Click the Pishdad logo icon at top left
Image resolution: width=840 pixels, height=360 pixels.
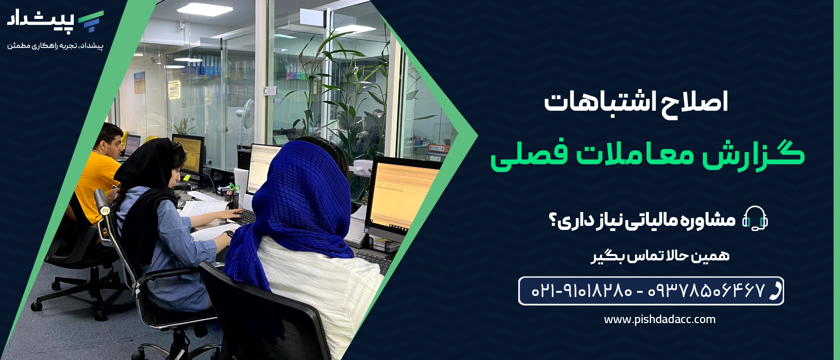coord(91,21)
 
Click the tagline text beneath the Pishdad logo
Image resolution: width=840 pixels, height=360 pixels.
coord(55,46)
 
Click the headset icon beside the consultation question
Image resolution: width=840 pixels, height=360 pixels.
coord(755,219)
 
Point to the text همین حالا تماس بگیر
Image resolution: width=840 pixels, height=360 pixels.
coord(660,256)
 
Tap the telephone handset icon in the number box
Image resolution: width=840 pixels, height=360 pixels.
coord(775,291)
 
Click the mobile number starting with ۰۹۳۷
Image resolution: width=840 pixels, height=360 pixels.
coord(706,291)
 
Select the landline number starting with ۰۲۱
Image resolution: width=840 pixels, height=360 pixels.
coord(582,291)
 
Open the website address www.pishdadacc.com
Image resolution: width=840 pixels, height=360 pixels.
coord(660,319)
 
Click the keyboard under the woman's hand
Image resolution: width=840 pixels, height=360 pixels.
coord(246,217)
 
